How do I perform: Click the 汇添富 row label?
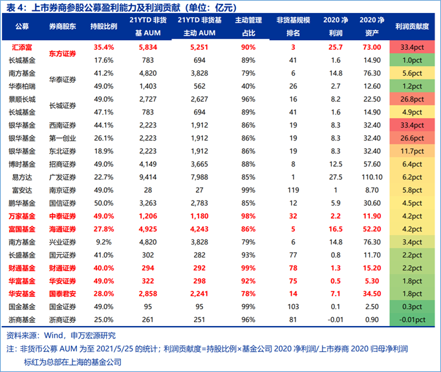(x=22, y=47)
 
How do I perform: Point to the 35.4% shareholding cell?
(x=103, y=47)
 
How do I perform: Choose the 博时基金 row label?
(x=22, y=164)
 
